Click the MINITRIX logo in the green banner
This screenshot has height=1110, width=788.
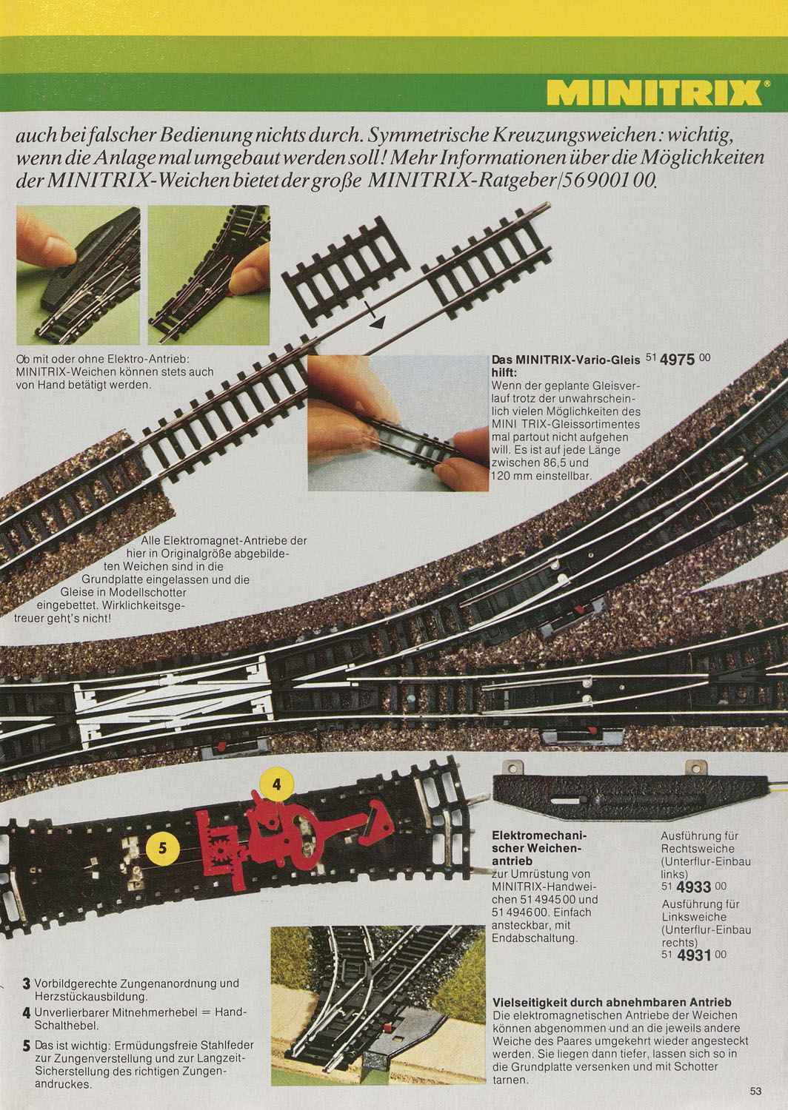[x=654, y=92]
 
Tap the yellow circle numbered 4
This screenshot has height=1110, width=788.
[x=277, y=784]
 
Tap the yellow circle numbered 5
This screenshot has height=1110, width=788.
[x=163, y=849]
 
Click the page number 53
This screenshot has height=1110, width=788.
[x=755, y=1091]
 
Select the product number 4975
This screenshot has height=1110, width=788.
[x=678, y=360]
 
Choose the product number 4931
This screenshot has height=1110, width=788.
[x=694, y=955]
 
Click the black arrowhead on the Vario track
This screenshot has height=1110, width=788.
[x=378, y=323]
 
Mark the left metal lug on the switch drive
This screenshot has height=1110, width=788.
[x=512, y=767]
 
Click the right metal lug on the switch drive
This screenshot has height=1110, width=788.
[x=695, y=767]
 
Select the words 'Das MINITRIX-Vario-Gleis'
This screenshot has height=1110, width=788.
[x=566, y=360]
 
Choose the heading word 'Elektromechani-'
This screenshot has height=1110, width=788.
[x=536, y=835]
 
